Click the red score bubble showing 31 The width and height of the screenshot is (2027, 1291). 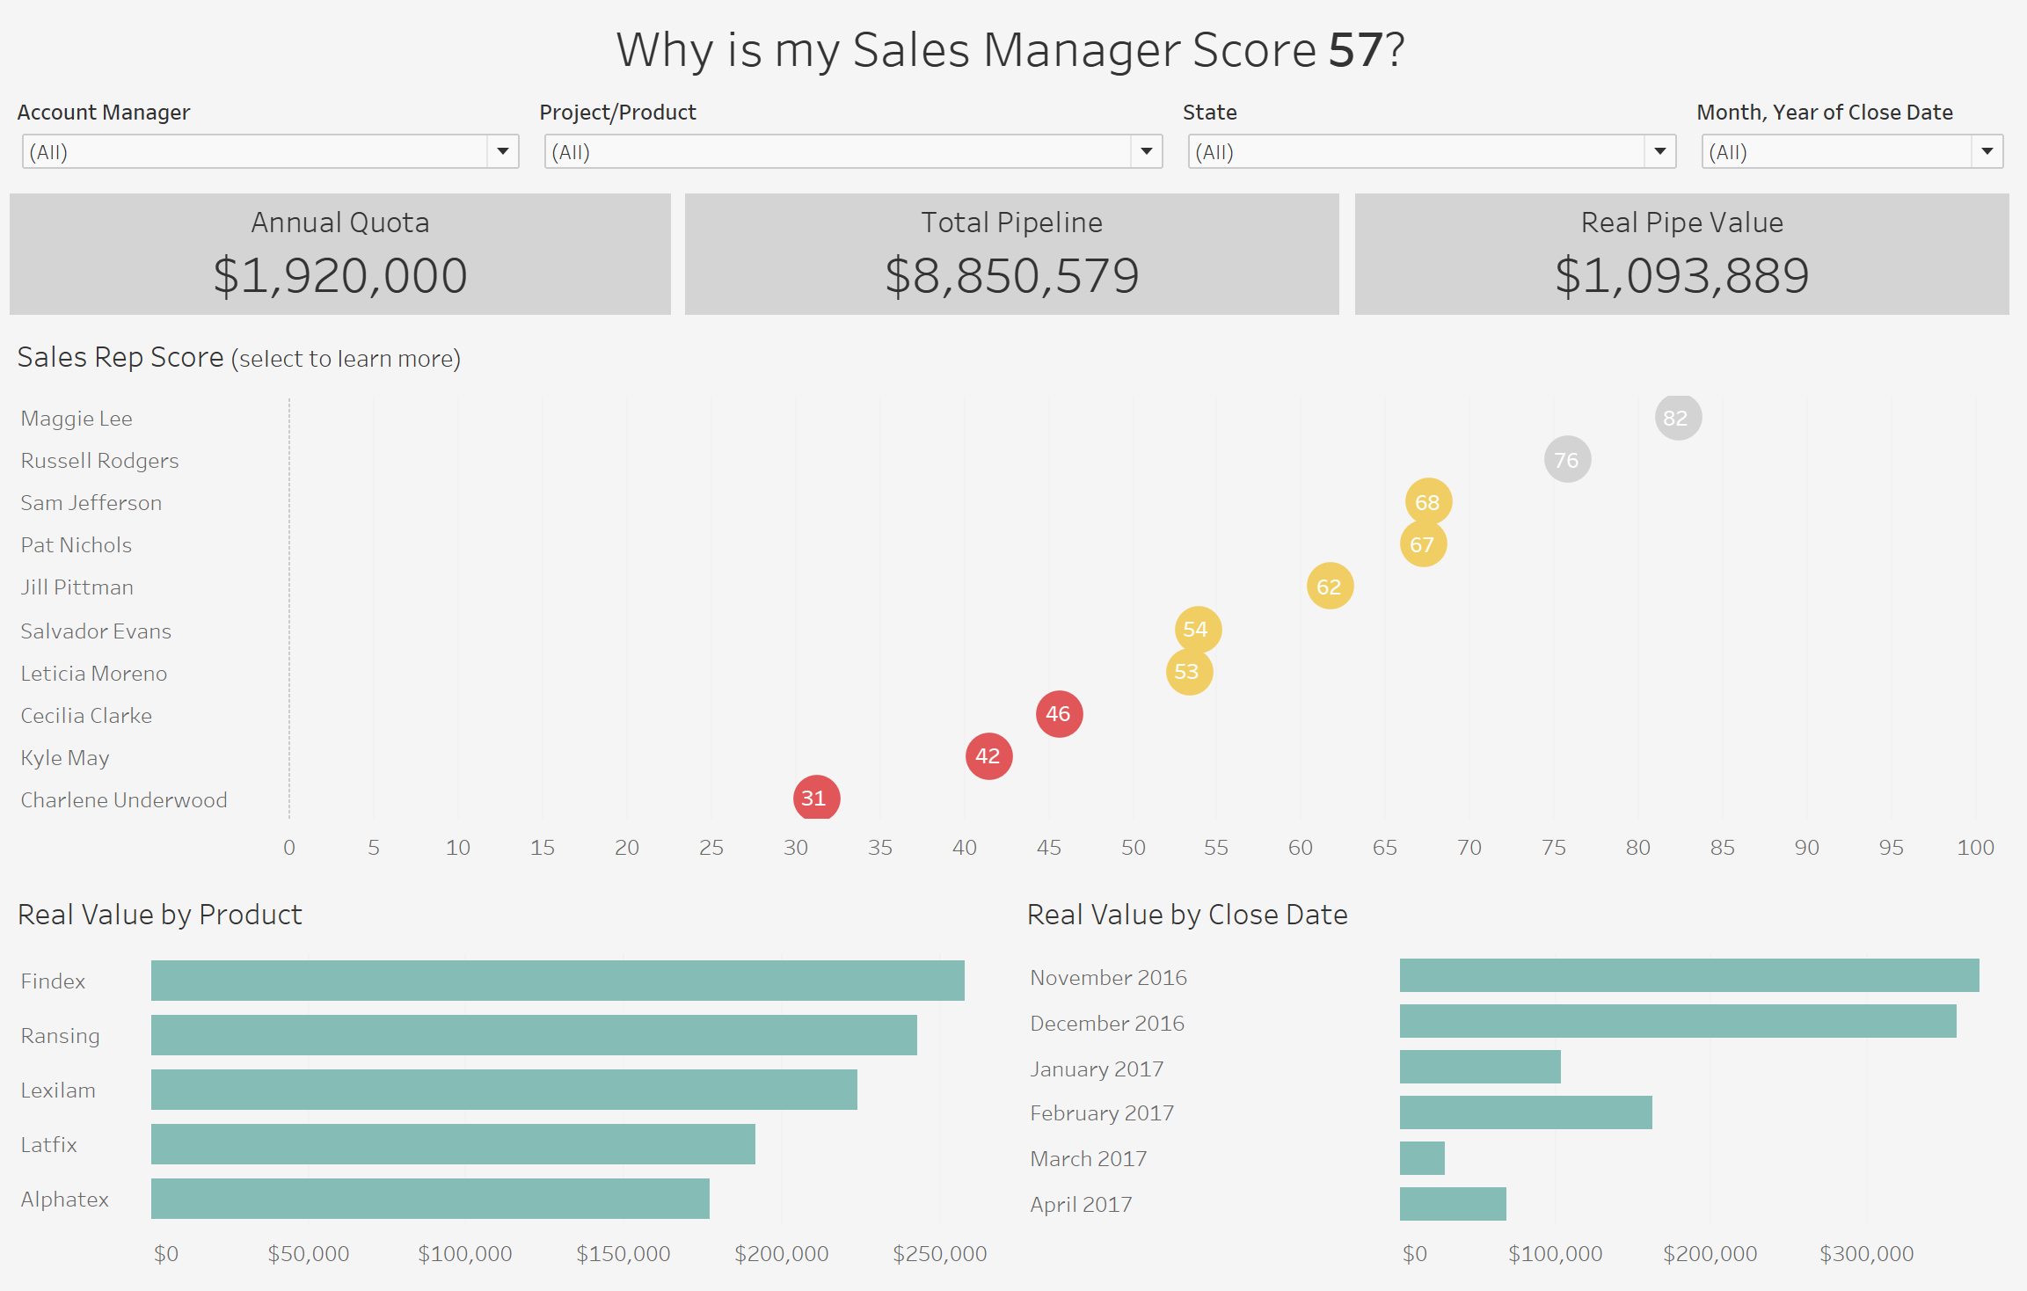[816, 798]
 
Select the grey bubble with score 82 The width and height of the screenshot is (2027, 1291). [1678, 417]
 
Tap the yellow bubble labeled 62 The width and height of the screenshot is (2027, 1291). [1330, 586]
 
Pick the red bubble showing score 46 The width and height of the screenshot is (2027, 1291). [1059, 713]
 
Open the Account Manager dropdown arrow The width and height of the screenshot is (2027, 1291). [503, 151]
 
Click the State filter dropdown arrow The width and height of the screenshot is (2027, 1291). [1660, 151]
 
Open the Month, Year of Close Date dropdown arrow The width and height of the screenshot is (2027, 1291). [1987, 151]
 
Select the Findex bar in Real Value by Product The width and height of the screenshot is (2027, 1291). [558, 981]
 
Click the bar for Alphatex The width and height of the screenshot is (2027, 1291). [430, 1199]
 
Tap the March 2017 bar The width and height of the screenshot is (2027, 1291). [1422, 1158]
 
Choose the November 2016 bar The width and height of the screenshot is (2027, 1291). [1689, 975]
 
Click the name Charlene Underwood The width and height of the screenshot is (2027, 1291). [124, 800]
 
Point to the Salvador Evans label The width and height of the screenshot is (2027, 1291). [96, 631]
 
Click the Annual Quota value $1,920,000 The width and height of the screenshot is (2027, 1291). [340, 275]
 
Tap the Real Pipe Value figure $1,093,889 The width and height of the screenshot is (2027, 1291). [1682, 275]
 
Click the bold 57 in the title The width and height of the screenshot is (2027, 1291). [1355, 50]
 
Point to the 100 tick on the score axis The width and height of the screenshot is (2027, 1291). [1975, 847]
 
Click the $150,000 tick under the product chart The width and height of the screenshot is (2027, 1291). [623, 1253]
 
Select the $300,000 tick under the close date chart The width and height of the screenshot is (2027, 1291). [1867, 1253]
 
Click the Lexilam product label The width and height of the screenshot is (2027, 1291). [58, 1090]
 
